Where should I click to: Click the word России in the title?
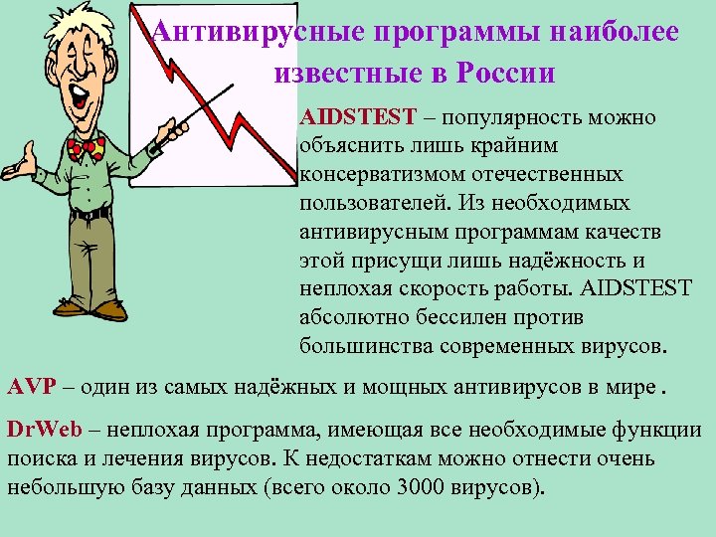[x=506, y=74]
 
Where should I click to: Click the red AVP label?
[x=26, y=386]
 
